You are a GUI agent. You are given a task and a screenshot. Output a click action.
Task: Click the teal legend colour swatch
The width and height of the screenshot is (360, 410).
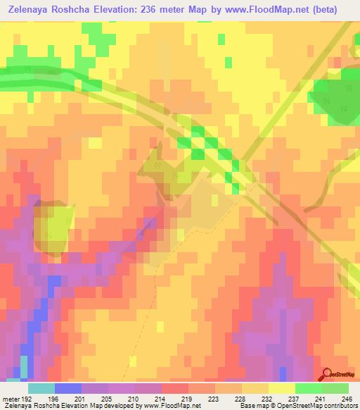(41, 388)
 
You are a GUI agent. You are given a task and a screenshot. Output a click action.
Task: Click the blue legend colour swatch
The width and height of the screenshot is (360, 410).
(68, 388)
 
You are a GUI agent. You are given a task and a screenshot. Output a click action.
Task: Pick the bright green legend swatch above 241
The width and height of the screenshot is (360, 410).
(309, 388)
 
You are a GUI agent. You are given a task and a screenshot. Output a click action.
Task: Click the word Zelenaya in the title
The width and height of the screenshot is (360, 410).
(35, 9)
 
